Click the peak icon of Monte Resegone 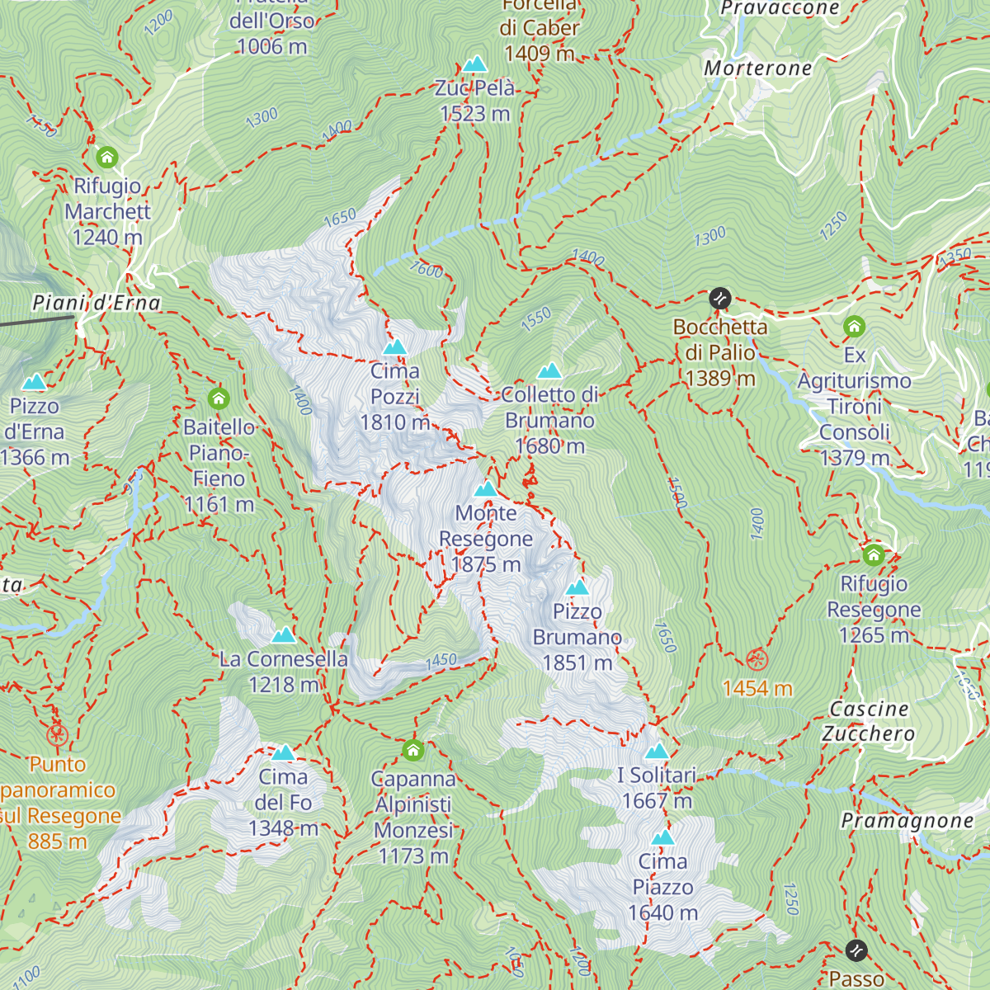(x=486, y=489)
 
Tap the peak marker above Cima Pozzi (x=395, y=347)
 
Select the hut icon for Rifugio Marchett (x=107, y=157)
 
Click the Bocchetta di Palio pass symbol (x=720, y=299)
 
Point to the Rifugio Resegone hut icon (x=874, y=555)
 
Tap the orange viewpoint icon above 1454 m (x=757, y=660)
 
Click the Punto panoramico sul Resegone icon (x=56, y=734)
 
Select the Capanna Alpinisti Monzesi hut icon (x=413, y=751)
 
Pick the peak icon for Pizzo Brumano (x=577, y=587)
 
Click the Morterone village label (x=758, y=68)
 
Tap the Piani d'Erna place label (x=96, y=304)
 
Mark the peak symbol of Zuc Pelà (x=474, y=64)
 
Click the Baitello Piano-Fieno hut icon (x=219, y=399)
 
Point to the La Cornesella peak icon (x=284, y=635)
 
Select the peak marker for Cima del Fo (x=283, y=752)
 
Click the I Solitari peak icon (x=657, y=751)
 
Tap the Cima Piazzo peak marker (x=662, y=838)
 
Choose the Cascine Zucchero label (x=869, y=721)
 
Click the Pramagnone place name (x=907, y=821)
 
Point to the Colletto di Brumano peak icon (x=549, y=371)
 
